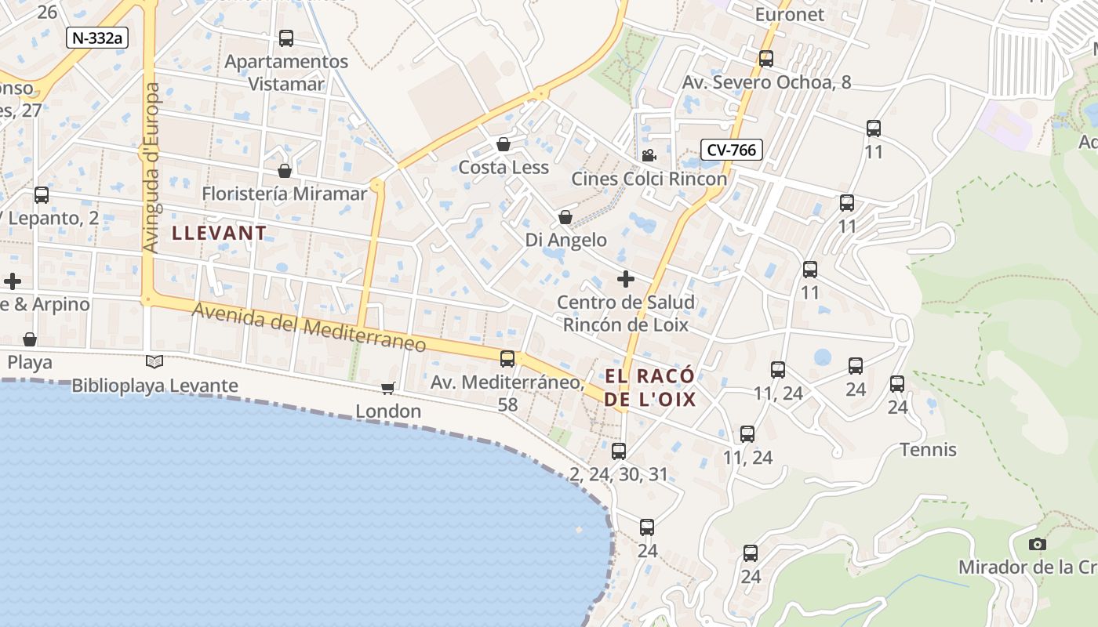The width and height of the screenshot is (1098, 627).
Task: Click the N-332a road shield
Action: point(96,38)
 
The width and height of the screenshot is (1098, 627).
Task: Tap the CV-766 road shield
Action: point(732,149)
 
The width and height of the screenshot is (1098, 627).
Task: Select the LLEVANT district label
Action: point(220,233)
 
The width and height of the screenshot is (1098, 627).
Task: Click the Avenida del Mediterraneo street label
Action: point(310,327)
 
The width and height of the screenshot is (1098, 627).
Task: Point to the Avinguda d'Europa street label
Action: point(151,169)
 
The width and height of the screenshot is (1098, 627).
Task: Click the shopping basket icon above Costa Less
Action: point(504,145)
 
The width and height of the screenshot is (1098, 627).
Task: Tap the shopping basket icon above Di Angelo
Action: point(565,217)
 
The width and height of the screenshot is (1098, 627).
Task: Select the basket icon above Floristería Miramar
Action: point(285,171)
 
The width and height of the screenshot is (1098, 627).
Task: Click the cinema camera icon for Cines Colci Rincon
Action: point(649,156)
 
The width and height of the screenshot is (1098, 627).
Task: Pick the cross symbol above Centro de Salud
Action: point(626,279)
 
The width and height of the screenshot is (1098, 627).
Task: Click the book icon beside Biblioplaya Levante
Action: point(155,361)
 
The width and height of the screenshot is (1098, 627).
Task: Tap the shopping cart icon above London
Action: point(387,388)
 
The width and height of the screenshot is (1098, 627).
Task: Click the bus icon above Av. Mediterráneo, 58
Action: point(507,359)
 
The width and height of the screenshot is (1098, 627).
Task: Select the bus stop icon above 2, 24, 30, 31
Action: point(619,451)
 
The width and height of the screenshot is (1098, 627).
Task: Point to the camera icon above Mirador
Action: point(1037,544)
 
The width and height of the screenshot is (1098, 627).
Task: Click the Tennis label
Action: point(928,450)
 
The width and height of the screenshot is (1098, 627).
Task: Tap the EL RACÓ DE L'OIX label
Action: point(650,388)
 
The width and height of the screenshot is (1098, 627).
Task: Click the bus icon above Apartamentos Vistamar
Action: point(286,38)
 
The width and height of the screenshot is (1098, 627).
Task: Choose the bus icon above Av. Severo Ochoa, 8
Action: point(766,59)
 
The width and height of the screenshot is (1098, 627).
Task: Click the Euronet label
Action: point(790,15)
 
